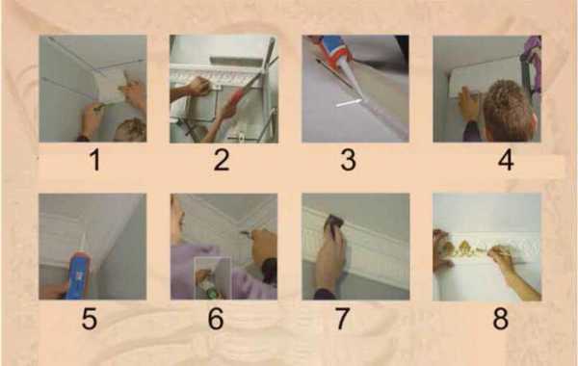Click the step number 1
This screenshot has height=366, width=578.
[x=95, y=160]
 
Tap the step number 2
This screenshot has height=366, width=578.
[x=222, y=160]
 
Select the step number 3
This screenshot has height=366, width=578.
[x=349, y=160]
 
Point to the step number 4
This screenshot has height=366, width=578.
[x=506, y=160]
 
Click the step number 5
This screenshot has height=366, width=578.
[x=90, y=318]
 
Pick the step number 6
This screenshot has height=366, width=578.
[x=216, y=318]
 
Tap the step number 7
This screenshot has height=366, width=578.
[x=342, y=318]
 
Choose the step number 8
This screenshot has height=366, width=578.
[x=501, y=318]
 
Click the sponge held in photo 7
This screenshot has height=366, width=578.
[x=335, y=223]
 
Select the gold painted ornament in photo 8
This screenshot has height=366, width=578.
[x=468, y=248]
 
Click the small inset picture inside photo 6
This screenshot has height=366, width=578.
[x=213, y=278]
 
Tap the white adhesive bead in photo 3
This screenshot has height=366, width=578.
[x=349, y=103]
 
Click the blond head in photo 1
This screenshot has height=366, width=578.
[x=131, y=130]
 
